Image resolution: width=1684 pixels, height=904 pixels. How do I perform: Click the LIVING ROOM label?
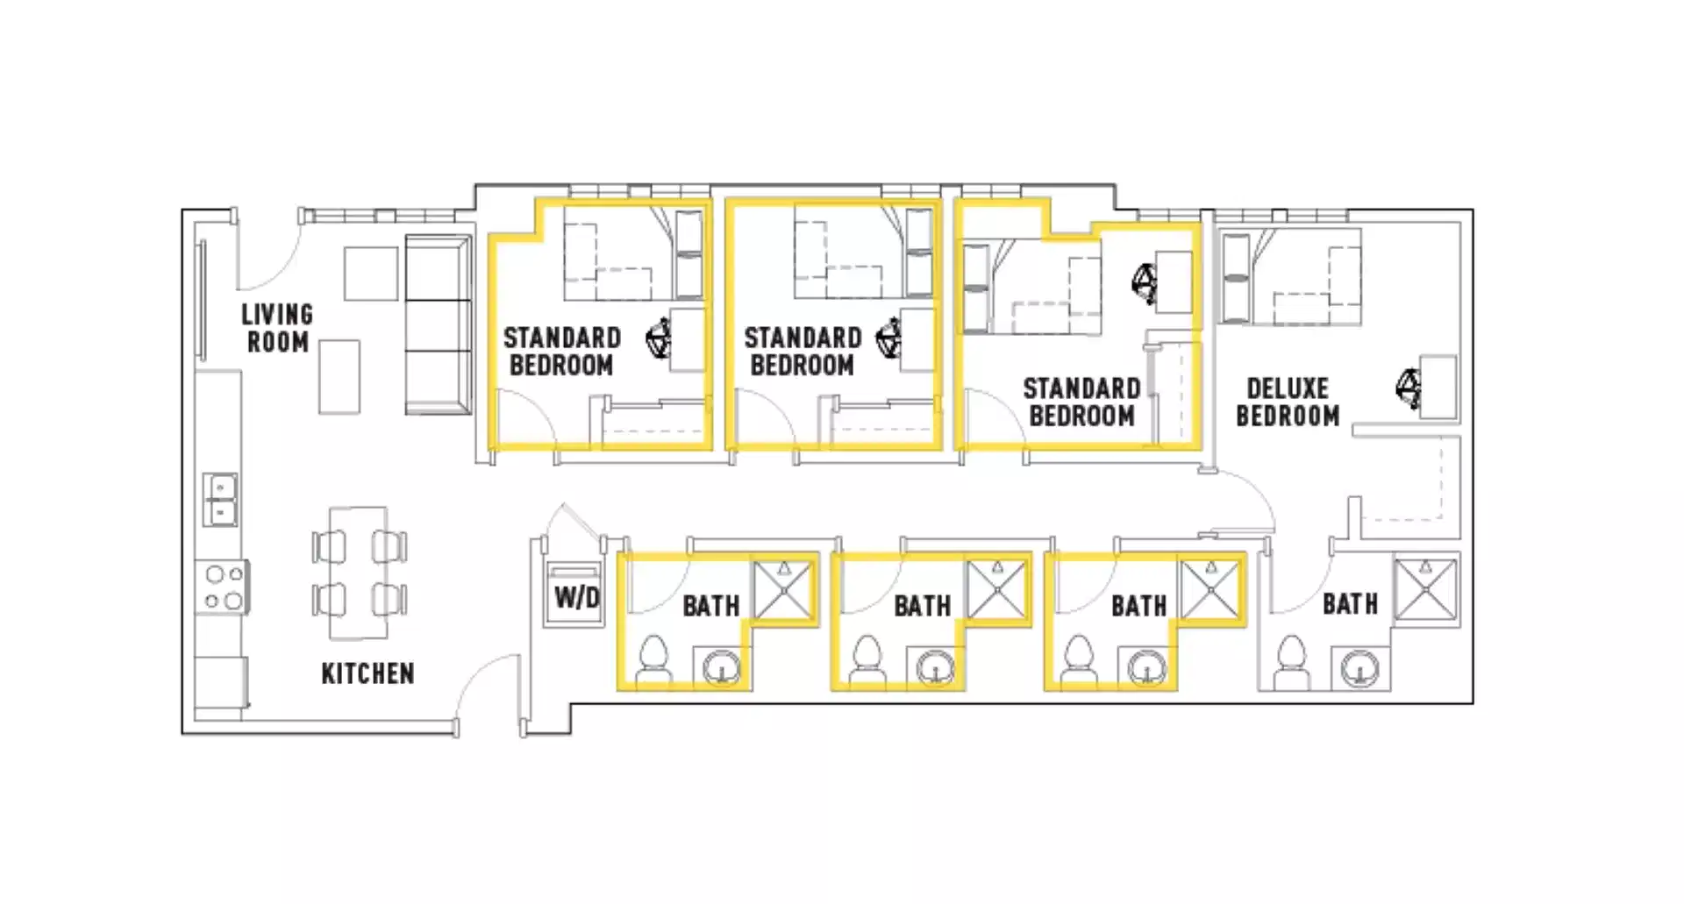(277, 328)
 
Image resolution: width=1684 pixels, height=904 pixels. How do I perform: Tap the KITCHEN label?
(367, 673)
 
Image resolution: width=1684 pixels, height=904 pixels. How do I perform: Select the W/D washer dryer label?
(576, 598)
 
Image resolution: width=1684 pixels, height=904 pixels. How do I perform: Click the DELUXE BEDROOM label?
(1288, 402)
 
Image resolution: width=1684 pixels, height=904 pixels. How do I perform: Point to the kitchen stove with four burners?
(223, 587)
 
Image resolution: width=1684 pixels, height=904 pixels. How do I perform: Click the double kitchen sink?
(220, 499)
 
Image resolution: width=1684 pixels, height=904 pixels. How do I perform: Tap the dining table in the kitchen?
(358, 573)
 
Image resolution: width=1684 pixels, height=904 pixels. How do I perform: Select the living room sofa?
(437, 324)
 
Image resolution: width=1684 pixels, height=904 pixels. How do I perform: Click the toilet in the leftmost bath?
(653, 658)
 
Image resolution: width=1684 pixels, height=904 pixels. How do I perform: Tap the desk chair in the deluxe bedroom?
(1409, 387)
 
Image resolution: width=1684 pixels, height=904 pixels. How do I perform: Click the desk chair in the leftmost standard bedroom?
(659, 339)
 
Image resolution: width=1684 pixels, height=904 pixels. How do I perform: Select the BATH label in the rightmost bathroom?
(1350, 604)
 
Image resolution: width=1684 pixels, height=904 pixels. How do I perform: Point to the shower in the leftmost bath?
(784, 591)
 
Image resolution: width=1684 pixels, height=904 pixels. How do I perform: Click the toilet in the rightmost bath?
(1292, 658)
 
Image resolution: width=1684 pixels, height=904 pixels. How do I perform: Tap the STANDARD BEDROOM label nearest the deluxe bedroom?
(1081, 402)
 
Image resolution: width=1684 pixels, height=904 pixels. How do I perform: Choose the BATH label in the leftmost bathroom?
(710, 606)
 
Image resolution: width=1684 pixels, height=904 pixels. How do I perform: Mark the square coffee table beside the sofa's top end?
(370, 274)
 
